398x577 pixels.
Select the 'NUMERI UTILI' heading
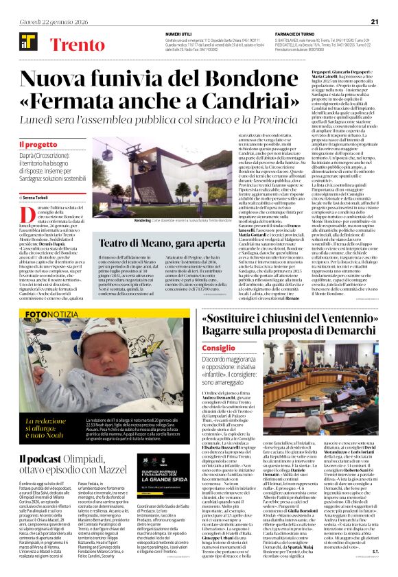click(178, 33)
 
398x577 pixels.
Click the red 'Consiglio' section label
click(218, 350)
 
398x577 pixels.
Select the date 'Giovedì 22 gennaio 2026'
click(47, 21)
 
